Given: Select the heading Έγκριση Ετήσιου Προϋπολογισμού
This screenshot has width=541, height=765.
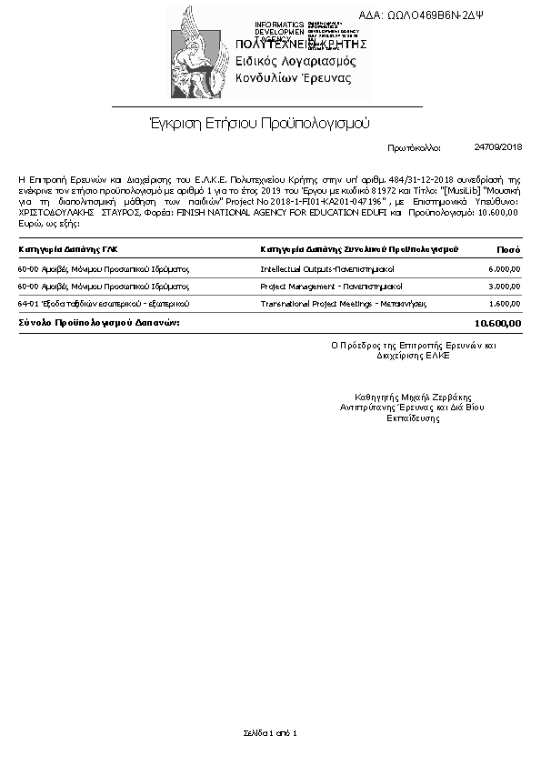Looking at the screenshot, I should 258,122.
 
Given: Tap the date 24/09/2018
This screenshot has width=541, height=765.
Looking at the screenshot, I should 498,146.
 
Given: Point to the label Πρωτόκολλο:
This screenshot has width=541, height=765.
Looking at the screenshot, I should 414,146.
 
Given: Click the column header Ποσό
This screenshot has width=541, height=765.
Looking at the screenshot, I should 508,248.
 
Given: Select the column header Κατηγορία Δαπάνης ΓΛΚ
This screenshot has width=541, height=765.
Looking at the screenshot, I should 68,248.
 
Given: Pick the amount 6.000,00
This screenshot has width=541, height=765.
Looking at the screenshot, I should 504,269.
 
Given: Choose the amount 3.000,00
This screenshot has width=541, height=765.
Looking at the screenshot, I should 504,286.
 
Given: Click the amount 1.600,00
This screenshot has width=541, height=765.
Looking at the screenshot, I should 504,303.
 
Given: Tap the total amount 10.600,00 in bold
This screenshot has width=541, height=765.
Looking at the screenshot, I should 498,323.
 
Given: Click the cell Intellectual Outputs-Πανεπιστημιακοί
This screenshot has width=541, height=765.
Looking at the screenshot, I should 326,269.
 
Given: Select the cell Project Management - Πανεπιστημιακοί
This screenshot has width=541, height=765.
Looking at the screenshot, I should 331,286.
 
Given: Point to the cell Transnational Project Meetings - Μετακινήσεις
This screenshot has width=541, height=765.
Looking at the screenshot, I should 344,303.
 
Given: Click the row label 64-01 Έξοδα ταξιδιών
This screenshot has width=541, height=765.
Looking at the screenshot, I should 104,303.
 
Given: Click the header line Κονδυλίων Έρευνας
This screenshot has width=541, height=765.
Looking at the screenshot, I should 293,78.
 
